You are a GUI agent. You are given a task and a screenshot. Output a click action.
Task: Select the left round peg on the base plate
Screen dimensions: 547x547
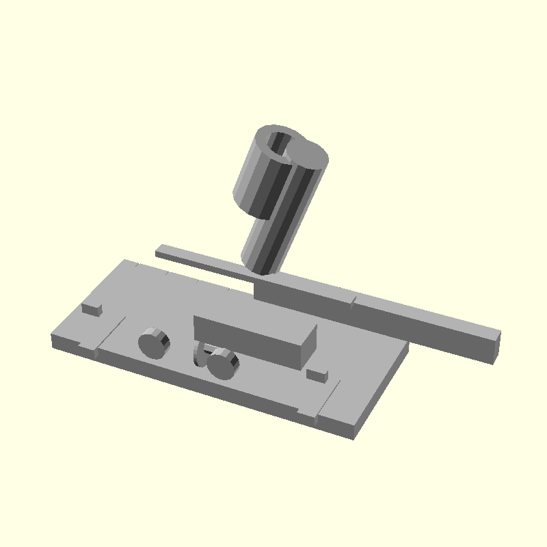(x=154, y=343)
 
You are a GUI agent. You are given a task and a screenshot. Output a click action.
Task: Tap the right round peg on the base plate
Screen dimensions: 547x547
(x=223, y=364)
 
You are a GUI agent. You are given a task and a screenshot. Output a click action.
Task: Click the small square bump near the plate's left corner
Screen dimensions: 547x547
(x=92, y=308)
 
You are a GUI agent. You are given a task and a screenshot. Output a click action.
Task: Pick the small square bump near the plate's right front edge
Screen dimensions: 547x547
(x=317, y=374)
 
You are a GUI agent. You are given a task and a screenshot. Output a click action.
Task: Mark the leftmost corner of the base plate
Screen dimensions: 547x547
(x=53, y=338)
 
